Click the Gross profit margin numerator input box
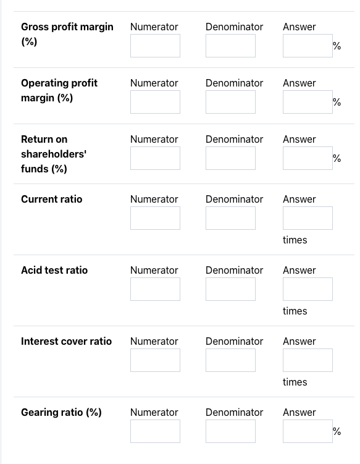[155, 46]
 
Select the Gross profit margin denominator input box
[230, 46]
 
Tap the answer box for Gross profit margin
[308, 46]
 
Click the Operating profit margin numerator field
[155, 102]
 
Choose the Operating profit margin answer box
[308, 102]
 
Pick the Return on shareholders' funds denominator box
[230, 158]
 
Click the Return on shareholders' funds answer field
[308, 158]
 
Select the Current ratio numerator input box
[155, 218]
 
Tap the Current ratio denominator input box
[230, 218]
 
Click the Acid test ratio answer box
[308, 289]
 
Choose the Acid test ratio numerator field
[155, 289]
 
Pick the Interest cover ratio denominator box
[230, 360]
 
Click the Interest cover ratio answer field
[308, 360]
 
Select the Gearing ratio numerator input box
[155, 431]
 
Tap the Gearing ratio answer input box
[308, 431]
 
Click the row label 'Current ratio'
[51, 199]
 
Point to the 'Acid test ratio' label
[54, 270]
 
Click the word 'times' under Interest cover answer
[295, 382]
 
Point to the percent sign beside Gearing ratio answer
[337, 431]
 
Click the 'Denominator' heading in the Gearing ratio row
[234, 412]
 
